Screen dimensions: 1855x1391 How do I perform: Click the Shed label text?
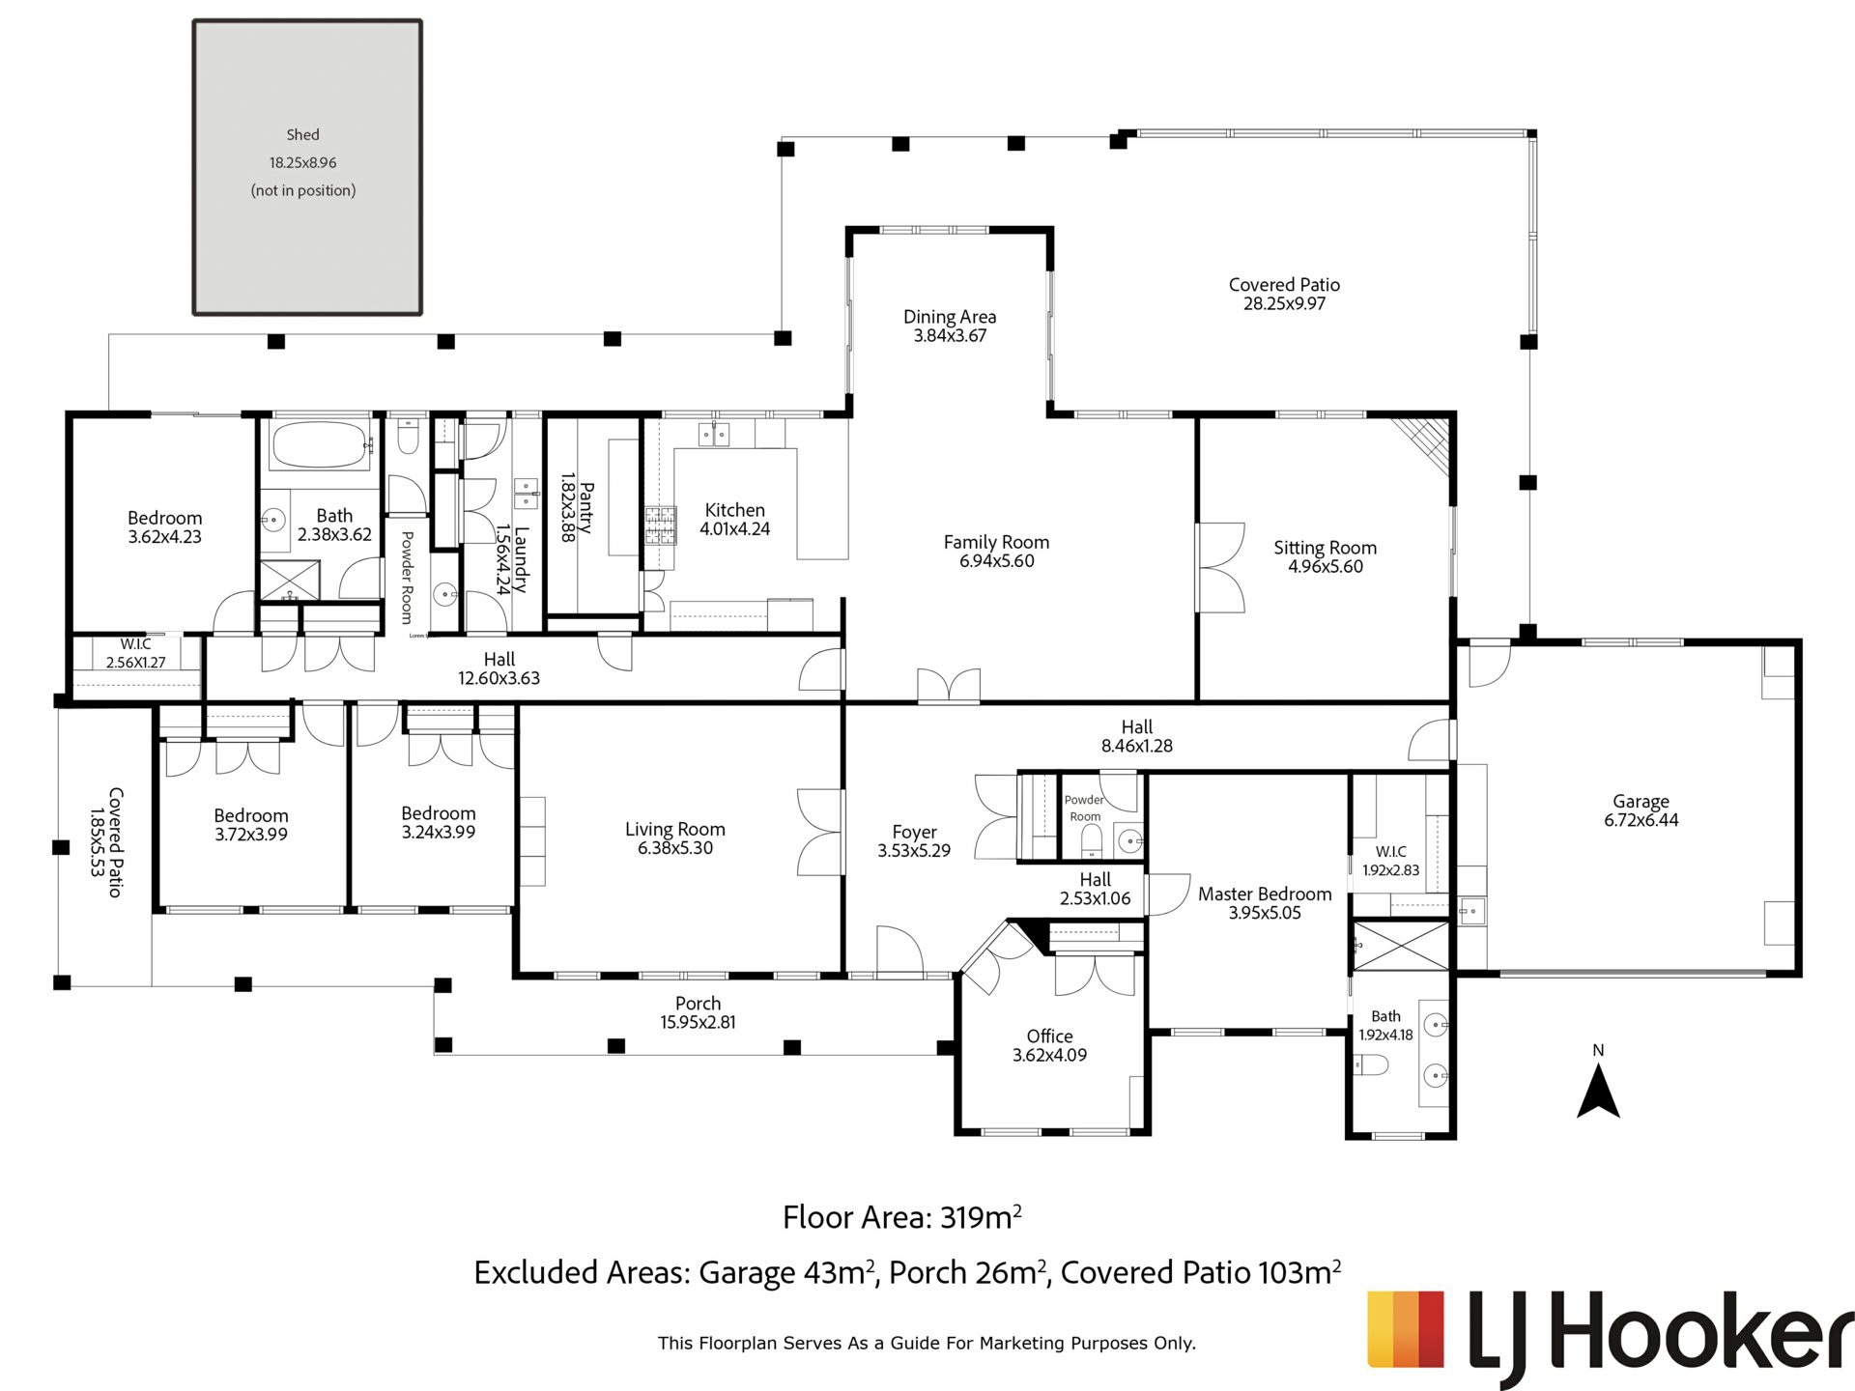pos(302,135)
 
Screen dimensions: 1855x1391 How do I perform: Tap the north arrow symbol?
pos(1598,1092)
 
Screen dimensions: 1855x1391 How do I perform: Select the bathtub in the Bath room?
pos(321,445)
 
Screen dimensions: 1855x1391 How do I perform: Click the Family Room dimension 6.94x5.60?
pos(997,561)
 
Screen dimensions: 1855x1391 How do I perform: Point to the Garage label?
pos(1641,802)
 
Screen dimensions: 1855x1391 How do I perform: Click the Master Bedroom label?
pos(1265,894)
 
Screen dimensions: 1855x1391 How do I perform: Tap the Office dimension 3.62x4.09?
pos(1049,1056)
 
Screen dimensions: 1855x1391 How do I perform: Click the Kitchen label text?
pos(735,510)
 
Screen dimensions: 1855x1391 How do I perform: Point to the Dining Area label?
pos(950,317)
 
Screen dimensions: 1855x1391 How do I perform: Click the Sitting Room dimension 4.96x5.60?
pos(1326,567)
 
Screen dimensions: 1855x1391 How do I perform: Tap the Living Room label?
pos(674,830)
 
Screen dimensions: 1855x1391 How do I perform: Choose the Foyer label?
pos(914,833)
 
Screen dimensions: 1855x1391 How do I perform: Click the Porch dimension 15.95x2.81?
pos(698,1023)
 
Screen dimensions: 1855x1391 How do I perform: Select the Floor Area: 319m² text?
pos(902,1217)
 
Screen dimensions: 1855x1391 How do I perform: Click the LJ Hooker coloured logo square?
pos(1406,1330)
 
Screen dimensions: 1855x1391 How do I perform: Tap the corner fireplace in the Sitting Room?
pos(1425,445)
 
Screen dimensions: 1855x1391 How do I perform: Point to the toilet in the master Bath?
pos(1370,1065)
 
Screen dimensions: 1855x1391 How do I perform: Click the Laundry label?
pos(521,559)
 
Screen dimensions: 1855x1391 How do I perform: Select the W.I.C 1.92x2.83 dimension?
pos(1390,870)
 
